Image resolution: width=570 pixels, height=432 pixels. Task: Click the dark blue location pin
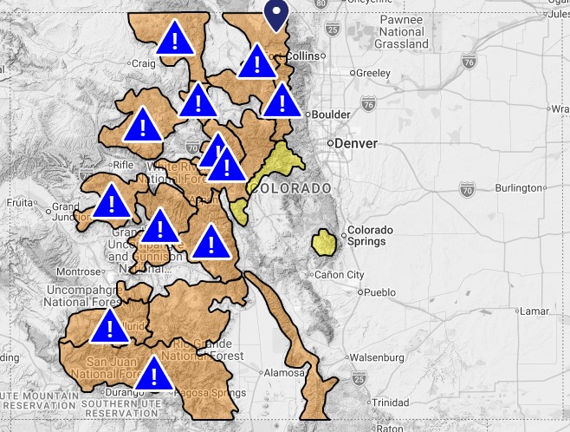[x=276, y=13]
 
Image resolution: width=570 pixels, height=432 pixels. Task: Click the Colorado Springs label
[x=370, y=236]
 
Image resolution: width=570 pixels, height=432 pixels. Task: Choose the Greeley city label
[x=373, y=74]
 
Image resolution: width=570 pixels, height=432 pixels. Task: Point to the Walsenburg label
[x=376, y=357]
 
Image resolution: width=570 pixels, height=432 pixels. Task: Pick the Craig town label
[x=141, y=62]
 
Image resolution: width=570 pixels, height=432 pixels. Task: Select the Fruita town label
[x=18, y=203]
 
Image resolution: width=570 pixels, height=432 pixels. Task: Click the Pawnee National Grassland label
[x=401, y=32]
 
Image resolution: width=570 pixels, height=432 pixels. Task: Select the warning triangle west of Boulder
[x=281, y=101]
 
